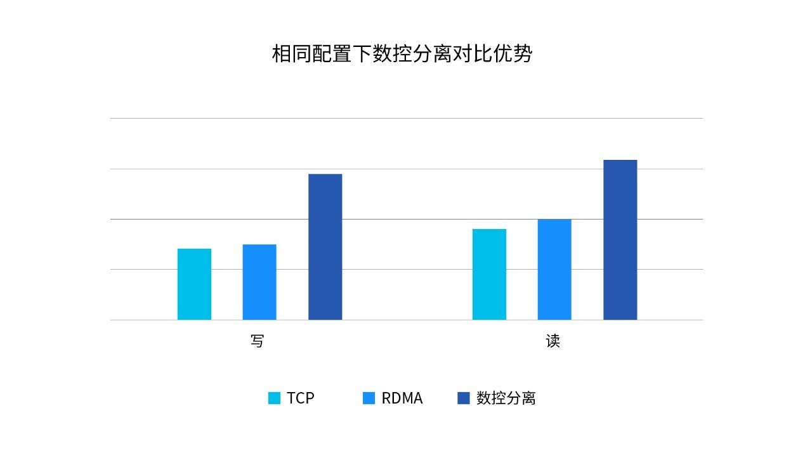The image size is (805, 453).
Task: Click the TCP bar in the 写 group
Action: (194, 284)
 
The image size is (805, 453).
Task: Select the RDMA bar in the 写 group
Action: (259, 282)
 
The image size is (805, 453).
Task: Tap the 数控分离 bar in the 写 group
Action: (325, 247)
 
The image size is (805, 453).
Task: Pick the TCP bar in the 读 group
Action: (489, 274)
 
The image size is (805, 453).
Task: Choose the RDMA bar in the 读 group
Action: (554, 270)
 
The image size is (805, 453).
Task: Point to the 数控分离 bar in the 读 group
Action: (620, 240)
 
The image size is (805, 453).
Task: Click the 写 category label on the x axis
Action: (257, 341)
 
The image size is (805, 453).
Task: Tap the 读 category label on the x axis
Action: (553, 341)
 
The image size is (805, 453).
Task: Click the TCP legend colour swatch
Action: (274, 398)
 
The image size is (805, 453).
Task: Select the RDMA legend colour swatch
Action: (369, 398)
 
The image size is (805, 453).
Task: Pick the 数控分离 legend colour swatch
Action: (464, 398)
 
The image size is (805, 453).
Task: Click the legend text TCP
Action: (301, 398)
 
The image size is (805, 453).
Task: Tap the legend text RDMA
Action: (402, 398)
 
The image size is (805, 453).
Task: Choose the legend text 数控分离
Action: (506, 398)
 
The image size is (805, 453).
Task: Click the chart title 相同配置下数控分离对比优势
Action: (402, 54)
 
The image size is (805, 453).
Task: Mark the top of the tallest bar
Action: (620, 161)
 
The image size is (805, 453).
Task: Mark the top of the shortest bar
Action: (194, 249)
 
